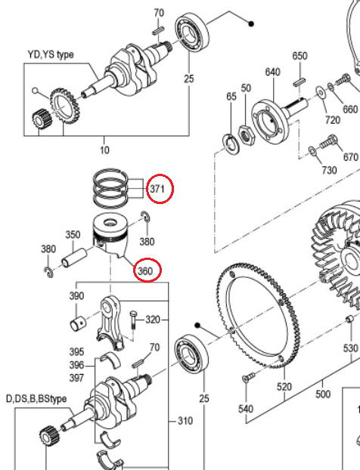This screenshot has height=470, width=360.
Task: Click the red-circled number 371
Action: [157, 188]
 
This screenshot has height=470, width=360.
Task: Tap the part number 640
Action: [273, 73]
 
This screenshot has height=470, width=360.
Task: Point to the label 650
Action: [299, 57]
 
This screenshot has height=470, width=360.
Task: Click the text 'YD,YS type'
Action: [51, 54]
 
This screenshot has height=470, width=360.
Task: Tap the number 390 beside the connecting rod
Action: [77, 296]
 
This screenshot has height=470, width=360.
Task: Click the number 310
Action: [185, 420]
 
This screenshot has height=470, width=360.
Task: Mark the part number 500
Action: [323, 394]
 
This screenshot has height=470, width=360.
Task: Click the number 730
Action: [329, 170]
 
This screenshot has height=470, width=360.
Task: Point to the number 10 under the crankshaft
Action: [104, 150]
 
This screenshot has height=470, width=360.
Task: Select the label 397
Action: [77, 377]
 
